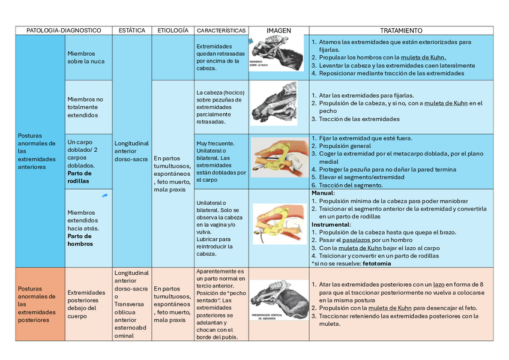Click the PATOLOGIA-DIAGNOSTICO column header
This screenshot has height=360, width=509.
(64, 30)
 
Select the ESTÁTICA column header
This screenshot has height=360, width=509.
(132, 30)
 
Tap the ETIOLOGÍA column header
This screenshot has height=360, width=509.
(172, 30)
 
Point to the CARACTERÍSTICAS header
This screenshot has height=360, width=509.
(221, 30)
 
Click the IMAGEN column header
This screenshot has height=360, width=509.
(278, 30)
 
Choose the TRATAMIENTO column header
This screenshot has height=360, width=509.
(401, 30)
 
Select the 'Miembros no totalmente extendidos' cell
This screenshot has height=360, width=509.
(85, 107)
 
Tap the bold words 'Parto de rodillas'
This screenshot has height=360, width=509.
(79, 176)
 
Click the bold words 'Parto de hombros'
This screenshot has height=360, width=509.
(80, 240)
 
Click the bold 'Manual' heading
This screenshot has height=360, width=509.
(322, 193)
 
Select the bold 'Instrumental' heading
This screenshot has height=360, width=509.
(330, 224)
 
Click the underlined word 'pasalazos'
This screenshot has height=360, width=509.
(356, 240)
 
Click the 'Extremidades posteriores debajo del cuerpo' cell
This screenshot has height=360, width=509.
(87, 304)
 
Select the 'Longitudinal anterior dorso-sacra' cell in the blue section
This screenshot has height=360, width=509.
(131, 151)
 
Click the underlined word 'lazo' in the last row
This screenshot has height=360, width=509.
(439, 284)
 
